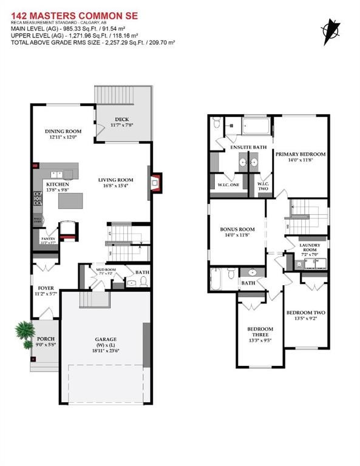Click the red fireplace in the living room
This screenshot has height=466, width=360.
pyautogui.click(x=157, y=181)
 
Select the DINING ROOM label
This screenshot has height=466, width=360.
pyautogui.click(x=63, y=132)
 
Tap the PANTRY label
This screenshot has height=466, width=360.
pyautogui.click(x=49, y=240)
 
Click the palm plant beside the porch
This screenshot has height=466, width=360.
pyautogui.click(x=24, y=330)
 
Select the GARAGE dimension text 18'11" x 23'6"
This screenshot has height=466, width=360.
pyautogui.click(x=106, y=350)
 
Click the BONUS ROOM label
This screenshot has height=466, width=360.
pyautogui.click(x=237, y=229)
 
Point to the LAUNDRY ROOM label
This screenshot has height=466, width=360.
pyautogui.click(x=309, y=248)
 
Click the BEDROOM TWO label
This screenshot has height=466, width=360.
pyautogui.click(x=305, y=313)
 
